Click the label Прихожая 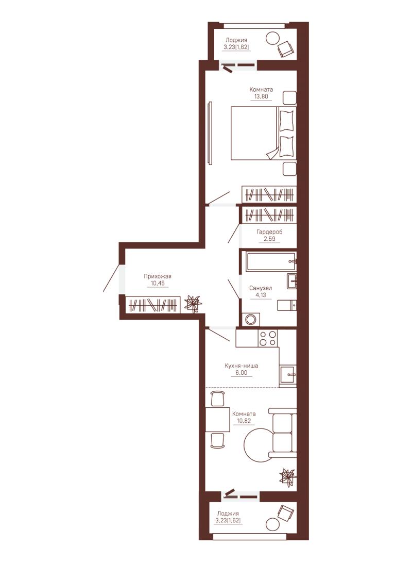coord(158,276)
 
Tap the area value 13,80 coord(261,96)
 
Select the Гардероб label coord(269,232)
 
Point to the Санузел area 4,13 coord(261,295)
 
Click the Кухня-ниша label coord(241,366)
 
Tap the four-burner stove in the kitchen coord(268,338)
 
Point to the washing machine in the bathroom coord(251,319)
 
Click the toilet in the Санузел coord(286,305)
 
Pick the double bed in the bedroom coord(264,133)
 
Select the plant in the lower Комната coord(288,477)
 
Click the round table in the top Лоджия coord(273,38)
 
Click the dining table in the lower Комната coord(217,419)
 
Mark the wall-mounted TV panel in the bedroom coord(210,134)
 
